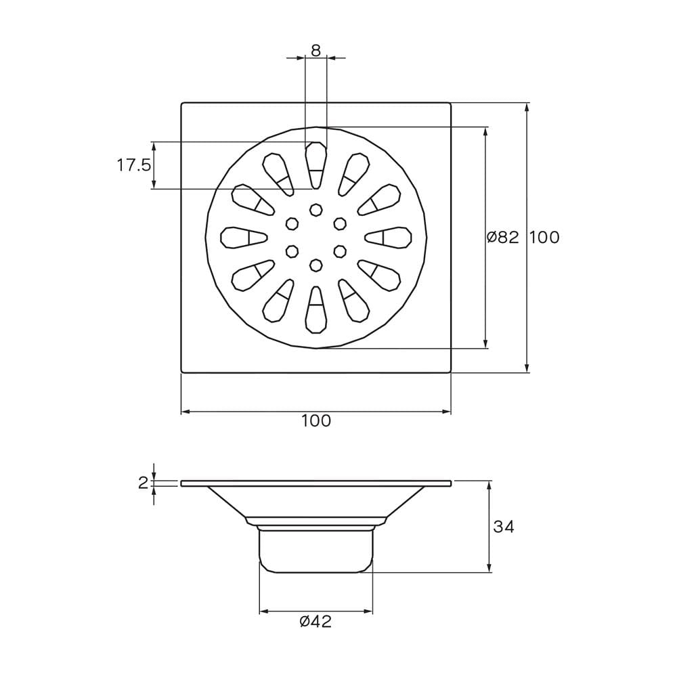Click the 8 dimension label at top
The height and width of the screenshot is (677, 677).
click(x=316, y=51)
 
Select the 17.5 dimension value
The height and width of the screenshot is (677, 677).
click(x=134, y=165)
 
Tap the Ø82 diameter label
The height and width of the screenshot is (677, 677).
click(x=502, y=237)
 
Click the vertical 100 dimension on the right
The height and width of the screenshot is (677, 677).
click(x=544, y=237)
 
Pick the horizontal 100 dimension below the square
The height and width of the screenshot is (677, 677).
click(x=316, y=420)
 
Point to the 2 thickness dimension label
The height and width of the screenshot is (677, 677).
click(x=143, y=483)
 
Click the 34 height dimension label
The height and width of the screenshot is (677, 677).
click(x=504, y=527)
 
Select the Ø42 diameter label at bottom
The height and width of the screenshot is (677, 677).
click(x=316, y=621)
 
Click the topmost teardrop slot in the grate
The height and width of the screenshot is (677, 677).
click(x=316, y=165)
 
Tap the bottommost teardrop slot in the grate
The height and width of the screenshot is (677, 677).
click(x=316, y=309)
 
